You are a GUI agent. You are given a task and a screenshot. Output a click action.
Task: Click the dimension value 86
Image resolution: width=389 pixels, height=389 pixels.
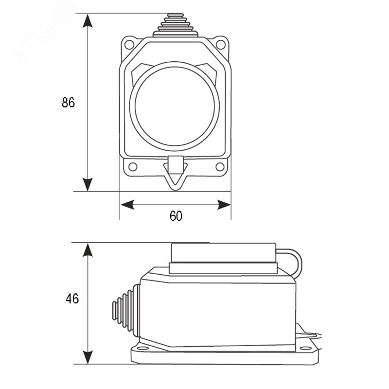(68, 102)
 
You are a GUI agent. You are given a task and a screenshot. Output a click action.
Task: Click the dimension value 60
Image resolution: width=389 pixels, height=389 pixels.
(176, 216)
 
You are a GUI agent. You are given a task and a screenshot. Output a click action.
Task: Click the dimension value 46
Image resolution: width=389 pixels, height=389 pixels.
(72, 299)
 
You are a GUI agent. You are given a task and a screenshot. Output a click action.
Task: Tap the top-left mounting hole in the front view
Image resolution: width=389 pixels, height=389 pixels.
(129, 45)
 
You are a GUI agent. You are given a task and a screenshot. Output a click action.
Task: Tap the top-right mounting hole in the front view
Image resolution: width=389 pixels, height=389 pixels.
(221, 45)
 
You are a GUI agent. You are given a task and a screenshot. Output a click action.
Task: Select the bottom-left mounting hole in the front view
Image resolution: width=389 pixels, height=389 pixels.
(133, 167)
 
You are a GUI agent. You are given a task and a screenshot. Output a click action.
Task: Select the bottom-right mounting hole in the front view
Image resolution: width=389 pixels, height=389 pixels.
(220, 167)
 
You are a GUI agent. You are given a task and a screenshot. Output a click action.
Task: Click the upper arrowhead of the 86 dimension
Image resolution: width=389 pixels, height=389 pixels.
(88, 20)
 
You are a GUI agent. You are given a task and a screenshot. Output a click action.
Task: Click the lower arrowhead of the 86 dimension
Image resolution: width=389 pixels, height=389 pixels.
(88, 184)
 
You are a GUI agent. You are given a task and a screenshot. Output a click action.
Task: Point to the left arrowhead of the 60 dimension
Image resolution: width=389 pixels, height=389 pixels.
(127, 205)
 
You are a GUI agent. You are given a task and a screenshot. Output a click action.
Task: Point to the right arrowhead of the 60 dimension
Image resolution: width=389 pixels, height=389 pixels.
(224, 205)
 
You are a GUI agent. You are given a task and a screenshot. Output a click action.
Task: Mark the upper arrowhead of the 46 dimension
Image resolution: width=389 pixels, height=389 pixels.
(88, 250)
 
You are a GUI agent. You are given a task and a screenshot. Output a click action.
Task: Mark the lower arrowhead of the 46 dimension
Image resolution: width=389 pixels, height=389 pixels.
(88, 357)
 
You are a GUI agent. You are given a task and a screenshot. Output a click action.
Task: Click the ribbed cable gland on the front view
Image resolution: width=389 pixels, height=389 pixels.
(175, 25)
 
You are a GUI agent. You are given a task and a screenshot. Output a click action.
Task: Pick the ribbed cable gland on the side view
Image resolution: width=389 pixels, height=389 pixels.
(126, 311)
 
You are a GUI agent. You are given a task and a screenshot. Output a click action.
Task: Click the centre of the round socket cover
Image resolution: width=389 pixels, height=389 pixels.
(175, 106)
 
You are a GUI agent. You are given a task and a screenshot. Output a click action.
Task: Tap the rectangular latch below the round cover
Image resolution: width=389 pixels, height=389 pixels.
(176, 165)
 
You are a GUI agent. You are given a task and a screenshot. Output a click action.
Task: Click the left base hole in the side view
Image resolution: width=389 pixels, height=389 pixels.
(142, 348)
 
